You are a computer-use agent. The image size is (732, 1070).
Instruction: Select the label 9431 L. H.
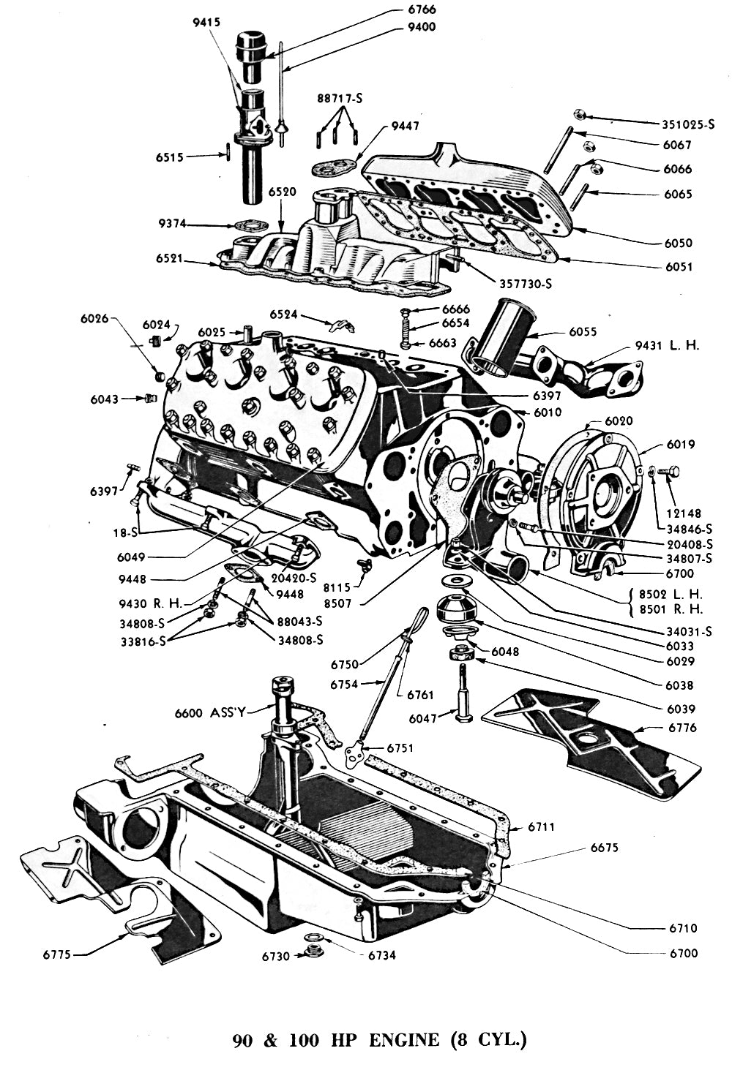(666, 344)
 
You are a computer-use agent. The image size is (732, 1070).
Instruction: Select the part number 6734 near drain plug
(381, 955)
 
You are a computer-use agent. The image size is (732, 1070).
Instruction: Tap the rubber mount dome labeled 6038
(456, 608)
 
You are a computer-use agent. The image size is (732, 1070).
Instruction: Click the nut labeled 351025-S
(578, 114)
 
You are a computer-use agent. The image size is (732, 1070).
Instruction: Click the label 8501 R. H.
(671, 609)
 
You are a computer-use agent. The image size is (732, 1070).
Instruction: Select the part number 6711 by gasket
(542, 827)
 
